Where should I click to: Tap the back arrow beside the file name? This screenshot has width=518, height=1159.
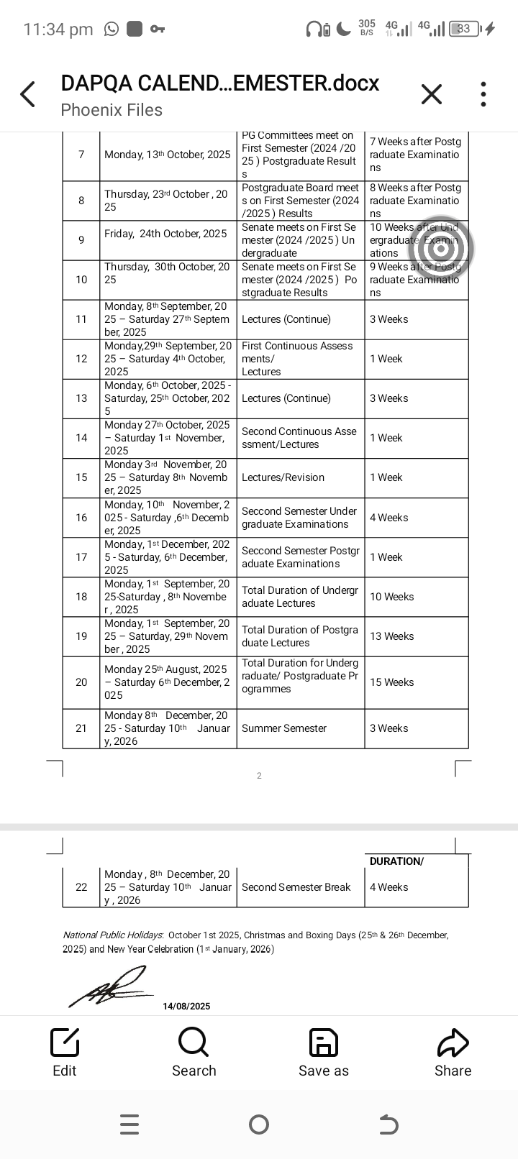click(x=28, y=94)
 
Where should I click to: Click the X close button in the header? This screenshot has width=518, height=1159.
click(x=431, y=94)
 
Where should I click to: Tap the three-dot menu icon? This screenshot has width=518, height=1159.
click(x=483, y=94)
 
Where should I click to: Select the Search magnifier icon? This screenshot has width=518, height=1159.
click(x=194, y=1042)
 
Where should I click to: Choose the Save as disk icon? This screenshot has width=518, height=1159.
click(x=323, y=1042)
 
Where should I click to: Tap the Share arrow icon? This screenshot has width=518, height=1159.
click(x=453, y=1042)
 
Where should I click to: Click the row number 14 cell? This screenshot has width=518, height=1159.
click(x=81, y=438)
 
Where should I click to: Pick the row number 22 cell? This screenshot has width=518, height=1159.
click(x=81, y=887)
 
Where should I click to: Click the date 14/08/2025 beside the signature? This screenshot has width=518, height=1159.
click(x=186, y=1007)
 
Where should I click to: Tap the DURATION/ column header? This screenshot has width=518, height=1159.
click(x=396, y=861)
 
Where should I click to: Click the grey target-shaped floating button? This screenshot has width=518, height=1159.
click(x=441, y=248)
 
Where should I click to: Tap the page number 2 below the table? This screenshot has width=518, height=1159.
click(x=259, y=776)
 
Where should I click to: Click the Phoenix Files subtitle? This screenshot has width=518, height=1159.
click(x=112, y=110)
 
